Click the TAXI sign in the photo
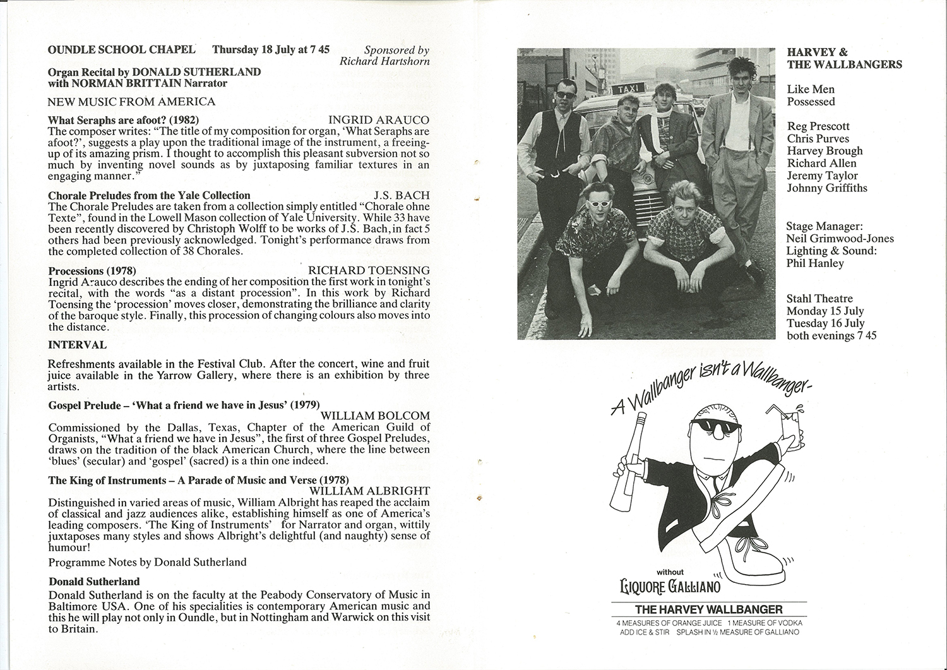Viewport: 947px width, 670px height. click(x=619, y=91)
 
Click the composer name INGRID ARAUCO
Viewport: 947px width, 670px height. click(x=379, y=120)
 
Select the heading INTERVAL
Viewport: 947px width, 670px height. click(x=78, y=345)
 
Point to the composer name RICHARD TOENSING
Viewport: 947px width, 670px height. click(x=369, y=270)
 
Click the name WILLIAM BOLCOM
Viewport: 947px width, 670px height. click(x=375, y=416)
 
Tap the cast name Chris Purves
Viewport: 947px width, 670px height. click(x=818, y=138)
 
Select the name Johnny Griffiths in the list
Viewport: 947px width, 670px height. click(x=827, y=188)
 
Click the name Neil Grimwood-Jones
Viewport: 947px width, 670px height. click(x=840, y=239)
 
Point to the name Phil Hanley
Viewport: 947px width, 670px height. click(x=815, y=263)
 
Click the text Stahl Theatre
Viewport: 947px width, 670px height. click(x=819, y=298)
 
